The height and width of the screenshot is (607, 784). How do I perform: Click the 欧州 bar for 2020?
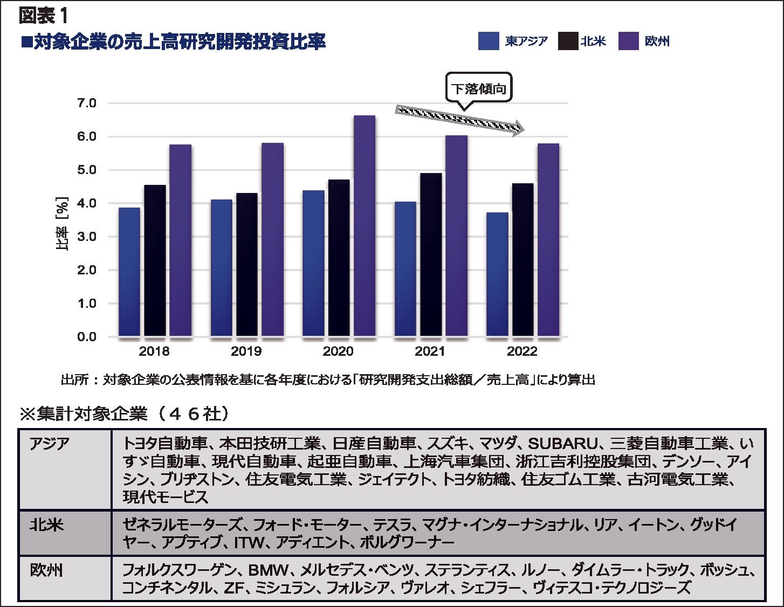coord(365,226)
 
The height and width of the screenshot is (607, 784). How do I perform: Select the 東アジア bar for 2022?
coord(497,275)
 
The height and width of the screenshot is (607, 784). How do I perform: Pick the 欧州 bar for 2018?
coord(180,240)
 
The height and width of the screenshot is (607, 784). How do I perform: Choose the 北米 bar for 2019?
coord(246,265)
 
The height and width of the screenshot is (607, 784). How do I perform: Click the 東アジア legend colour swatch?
coord(488,42)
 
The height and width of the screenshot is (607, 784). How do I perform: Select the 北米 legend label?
coord(594,42)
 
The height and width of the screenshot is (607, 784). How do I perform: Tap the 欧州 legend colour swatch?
coord(628,42)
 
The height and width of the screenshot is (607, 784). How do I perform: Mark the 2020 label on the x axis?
coord(338,351)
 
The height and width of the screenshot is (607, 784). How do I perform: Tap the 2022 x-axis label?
coord(522,351)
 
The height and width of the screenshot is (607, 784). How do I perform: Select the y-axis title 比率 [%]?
coord(62,224)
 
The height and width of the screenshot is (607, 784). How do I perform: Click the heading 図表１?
coord(43,16)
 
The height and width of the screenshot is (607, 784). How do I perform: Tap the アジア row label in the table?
coord(49,444)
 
